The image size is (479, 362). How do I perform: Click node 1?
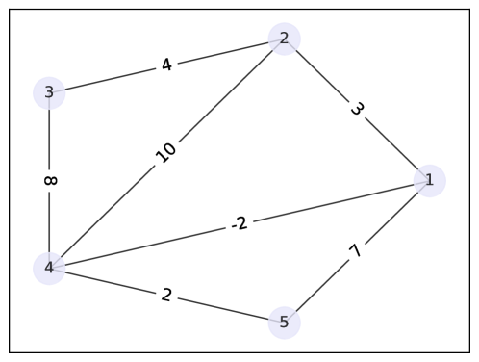click(429, 180)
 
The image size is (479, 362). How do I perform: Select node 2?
click(284, 39)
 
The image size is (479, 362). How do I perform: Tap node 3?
click(49, 92)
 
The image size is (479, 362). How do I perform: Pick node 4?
click(49, 268)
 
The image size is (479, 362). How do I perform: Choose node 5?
click(284, 322)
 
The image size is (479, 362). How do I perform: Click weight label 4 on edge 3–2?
click(166, 65)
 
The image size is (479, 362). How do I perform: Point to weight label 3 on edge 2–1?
click(357, 109)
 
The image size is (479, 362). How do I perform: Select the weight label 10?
click(166, 153)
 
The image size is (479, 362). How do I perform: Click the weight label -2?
click(239, 224)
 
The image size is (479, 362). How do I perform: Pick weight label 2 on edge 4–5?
click(166, 295)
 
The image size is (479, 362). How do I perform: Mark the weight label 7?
click(356, 251)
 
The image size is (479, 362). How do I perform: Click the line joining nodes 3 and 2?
click(106, 80)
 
